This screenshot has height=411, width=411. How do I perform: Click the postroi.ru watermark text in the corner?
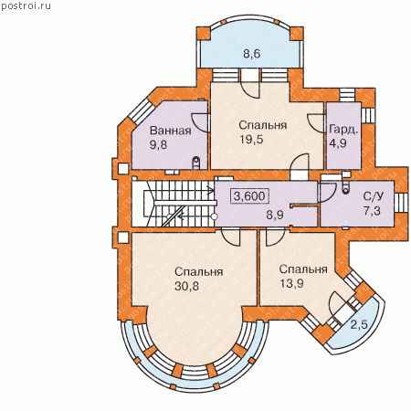coord(26,5)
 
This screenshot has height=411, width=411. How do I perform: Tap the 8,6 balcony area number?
coord(252,54)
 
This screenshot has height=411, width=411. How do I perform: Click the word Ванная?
coord(171,131)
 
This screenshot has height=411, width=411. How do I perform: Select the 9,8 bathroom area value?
coord(158,145)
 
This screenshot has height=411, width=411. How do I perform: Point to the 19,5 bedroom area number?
coord(251,140)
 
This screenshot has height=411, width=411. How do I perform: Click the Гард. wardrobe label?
coord(343,130)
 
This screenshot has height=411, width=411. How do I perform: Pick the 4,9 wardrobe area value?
coord(338,142)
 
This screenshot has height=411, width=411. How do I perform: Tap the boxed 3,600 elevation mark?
coord(249,196)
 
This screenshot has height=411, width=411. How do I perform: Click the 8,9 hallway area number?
coord(275,215)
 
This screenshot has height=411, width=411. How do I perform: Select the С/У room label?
coord(374,196)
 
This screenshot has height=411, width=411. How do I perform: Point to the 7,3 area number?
coord(372,210)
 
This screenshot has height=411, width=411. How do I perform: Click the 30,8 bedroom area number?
coord(186,286)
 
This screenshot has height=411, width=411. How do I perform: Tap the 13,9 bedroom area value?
coord(291,284)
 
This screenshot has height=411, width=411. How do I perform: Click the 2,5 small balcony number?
coord(359,325)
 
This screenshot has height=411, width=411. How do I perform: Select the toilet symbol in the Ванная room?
coord(196,163)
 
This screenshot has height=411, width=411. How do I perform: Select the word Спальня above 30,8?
coord(199,272)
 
